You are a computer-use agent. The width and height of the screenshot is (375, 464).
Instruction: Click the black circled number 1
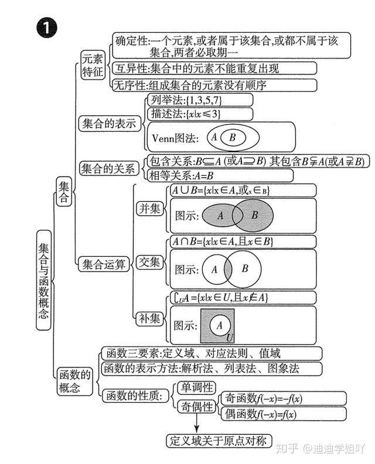point(46,28)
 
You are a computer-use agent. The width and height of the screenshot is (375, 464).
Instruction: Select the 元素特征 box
point(93,65)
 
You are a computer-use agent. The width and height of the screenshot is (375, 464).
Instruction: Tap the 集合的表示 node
point(109,123)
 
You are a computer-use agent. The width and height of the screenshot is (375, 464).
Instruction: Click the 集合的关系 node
point(109,169)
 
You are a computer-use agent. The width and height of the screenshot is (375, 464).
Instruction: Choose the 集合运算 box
point(104,264)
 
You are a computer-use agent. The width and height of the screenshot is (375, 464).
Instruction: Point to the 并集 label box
point(149,209)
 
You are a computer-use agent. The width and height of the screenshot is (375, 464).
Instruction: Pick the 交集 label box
point(149,262)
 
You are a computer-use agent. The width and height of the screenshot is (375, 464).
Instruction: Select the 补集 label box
point(149,319)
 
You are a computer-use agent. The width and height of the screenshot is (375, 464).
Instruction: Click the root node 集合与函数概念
point(43,280)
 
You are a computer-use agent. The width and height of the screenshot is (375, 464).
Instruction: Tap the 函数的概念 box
point(74,381)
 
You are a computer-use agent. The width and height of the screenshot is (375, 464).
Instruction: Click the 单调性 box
point(196,388)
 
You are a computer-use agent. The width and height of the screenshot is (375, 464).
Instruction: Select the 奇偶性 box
point(196,407)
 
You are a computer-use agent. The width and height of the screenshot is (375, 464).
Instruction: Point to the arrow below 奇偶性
point(196,423)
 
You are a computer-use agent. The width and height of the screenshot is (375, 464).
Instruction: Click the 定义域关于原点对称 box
point(219,441)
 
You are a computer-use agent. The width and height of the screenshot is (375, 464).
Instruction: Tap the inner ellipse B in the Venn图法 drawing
point(233,138)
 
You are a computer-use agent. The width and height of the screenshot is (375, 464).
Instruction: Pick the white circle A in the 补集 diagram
point(220,325)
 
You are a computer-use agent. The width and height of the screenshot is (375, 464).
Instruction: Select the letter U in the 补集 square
point(230,338)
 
